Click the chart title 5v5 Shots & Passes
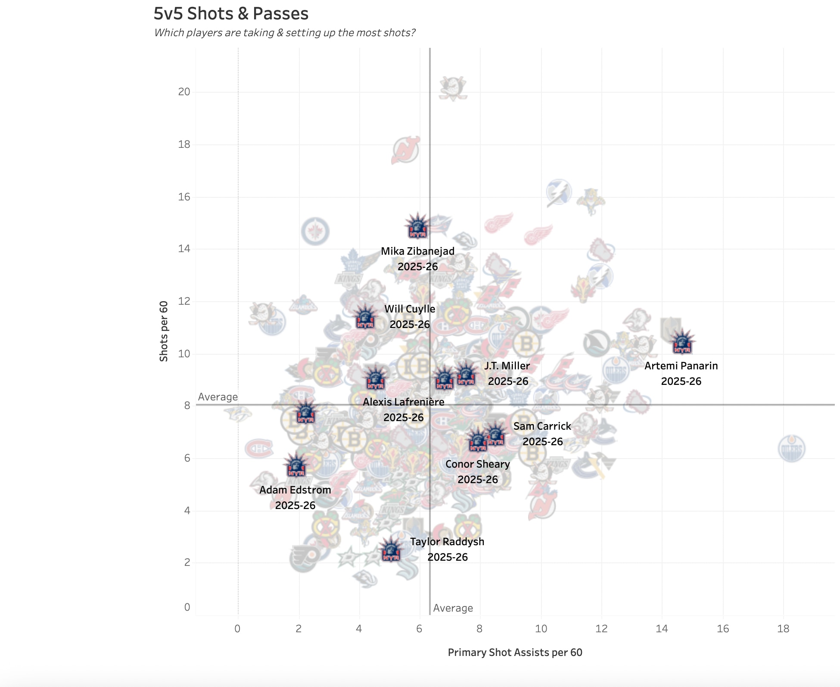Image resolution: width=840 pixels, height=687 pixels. tap(231, 14)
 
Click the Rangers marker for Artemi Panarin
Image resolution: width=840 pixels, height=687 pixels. tap(682, 342)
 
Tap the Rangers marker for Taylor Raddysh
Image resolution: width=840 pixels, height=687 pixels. tap(391, 550)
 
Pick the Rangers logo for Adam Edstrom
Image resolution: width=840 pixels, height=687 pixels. tap(296, 465)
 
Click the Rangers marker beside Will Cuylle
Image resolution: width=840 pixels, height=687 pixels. tap(365, 317)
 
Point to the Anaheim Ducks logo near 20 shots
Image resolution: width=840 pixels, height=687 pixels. tap(453, 88)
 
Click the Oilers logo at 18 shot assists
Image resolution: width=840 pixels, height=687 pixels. tap(791, 449)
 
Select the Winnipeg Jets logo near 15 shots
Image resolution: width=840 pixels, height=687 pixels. tap(315, 231)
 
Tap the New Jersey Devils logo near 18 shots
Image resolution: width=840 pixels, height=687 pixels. tap(405, 150)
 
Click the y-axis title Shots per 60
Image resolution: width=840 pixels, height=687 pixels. tap(164, 331)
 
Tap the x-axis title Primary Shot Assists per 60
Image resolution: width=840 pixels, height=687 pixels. tap(515, 653)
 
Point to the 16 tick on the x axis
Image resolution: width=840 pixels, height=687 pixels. tap(722, 629)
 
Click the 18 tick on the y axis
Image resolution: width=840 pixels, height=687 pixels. tap(184, 144)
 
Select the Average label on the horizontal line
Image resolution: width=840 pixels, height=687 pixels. tap(218, 397)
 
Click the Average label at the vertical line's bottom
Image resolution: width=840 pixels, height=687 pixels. tap(453, 608)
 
